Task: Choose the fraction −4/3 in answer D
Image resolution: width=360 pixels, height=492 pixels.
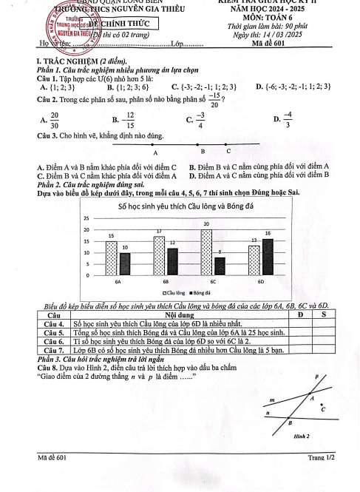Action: (x=287, y=118)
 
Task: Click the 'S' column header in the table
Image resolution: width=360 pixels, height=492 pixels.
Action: (x=324, y=316)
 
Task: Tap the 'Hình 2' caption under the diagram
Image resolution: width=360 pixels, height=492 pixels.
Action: (x=299, y=436)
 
